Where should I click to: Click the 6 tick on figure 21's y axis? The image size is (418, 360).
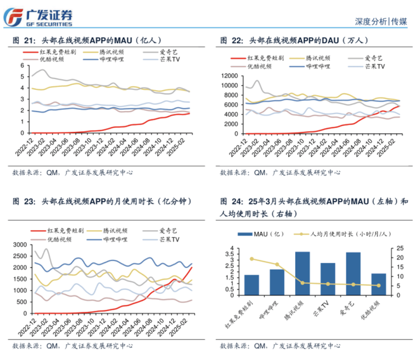point(23,65)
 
